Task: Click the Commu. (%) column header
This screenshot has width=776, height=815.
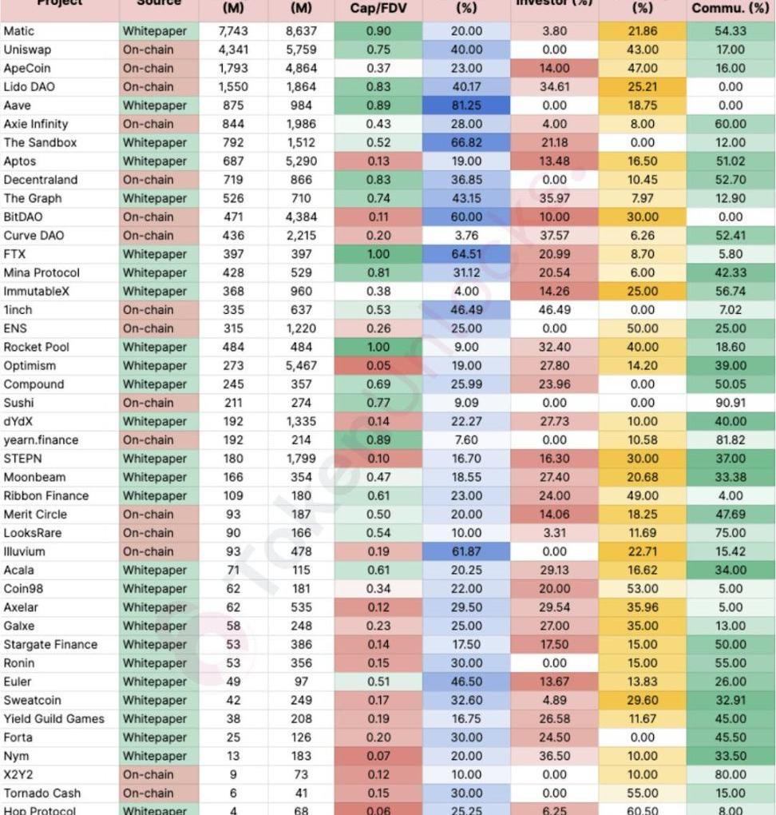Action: coord(730,8)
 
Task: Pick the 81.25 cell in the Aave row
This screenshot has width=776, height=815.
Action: coord(466,105)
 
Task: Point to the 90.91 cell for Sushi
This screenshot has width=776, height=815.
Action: coord(730,403)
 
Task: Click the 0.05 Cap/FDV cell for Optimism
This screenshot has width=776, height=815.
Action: coord(378,366)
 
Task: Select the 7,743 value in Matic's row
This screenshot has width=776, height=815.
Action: coord(234,31)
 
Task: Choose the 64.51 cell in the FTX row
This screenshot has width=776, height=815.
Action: coord(466,254)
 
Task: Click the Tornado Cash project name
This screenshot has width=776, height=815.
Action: coord(42,793)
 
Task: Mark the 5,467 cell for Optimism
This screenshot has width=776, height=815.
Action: coord(301,366)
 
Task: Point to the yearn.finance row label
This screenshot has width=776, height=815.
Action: coord(41,440)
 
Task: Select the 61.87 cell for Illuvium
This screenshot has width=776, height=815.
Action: coord(466,551)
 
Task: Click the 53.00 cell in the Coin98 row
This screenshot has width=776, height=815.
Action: coord(643,589)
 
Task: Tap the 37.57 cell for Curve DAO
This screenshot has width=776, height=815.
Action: coord(554,236)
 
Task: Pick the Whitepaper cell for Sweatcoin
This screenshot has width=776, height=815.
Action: coord(155,701)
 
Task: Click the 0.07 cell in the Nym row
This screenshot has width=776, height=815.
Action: coord(378,756)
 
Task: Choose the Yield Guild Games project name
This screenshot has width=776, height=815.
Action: coord(53,719)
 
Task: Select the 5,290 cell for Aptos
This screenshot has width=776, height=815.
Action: coord(301,161)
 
